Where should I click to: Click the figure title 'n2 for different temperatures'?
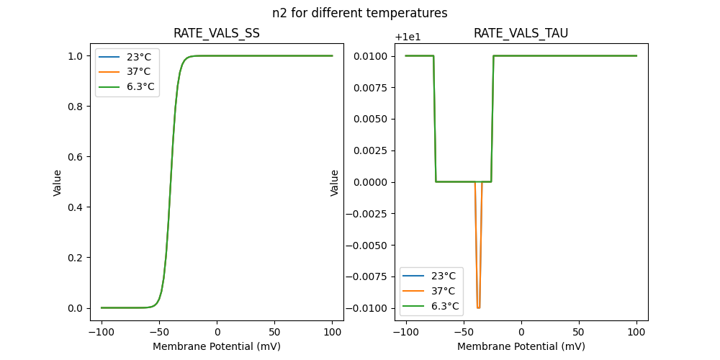pyautogui.click(x=359, y=13)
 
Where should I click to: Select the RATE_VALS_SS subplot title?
pyautogui.click(x=217, y=34)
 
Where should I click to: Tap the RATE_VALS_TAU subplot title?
pyautogui.click(x=521, y=34)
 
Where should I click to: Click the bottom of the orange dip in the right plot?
pyautogui.click(x=478, y=307)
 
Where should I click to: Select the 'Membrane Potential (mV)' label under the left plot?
pyautogui.click(x=217, y=346)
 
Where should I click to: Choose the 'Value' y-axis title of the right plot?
pyautogui.click(x=335, y=183)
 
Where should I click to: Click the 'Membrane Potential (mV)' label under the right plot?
pyautogui.click(x=521, y=346)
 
